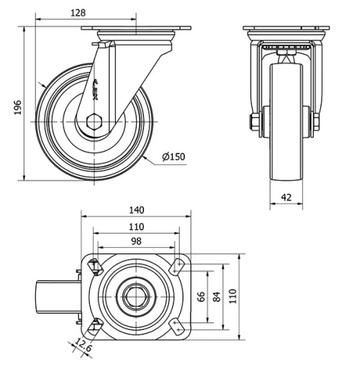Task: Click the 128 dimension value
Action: click(x=81, y=12)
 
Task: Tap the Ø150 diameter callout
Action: click(x=174, y=158)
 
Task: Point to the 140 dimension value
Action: click(x=137, y=210)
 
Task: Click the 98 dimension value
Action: click(x=136, y=242)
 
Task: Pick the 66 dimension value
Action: click(x=202, y=295)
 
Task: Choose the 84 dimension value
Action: click(x=215, y=295)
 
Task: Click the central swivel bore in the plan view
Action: click(x=135, y=295)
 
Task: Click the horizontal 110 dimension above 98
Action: click(x=136, y=226)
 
